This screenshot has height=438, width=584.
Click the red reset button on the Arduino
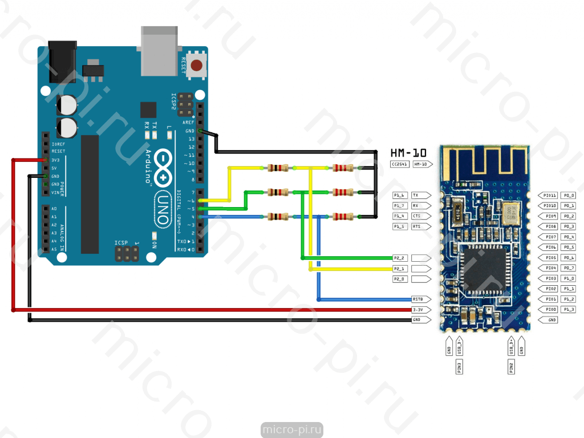coord(197,65)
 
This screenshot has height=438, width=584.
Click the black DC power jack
coord(63,60)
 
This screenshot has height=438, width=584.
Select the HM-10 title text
coord(408,153)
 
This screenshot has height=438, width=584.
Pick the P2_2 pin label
coord(400,258)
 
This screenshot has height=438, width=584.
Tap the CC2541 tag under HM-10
coord(399,164)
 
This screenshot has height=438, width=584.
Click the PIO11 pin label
coord(550,195)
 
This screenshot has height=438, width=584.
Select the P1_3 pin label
coord(569,309)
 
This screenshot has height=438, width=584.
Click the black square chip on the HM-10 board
coord(484,268)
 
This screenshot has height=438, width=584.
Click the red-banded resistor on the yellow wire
coord(343,168)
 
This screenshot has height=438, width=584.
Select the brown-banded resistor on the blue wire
coord(278,217)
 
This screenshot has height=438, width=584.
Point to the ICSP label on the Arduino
coord(121,243)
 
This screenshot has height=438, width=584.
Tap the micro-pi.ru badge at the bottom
coord(292,429)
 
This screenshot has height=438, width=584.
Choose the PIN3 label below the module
coord(459,367)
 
